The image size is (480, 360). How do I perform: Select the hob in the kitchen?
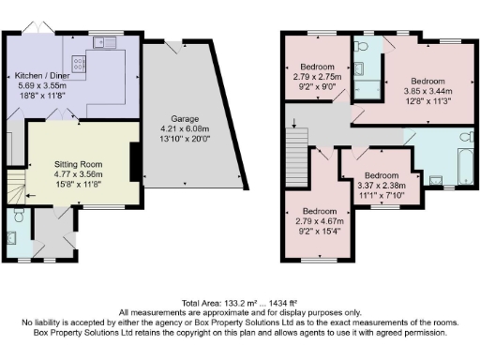[78, 65]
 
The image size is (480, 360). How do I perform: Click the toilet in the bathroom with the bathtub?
[434, 178]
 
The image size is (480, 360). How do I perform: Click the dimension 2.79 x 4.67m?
[314, 221]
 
